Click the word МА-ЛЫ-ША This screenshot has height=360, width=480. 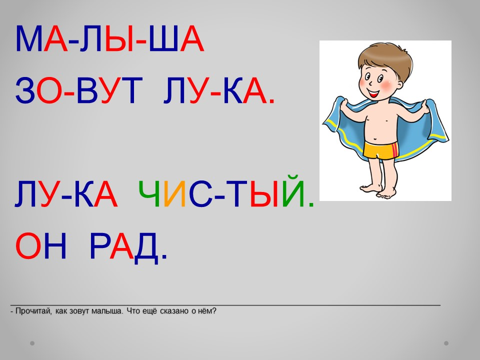pos(109,39)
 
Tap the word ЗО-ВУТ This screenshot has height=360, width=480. pos(79,90)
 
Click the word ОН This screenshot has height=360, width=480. pos(40,246)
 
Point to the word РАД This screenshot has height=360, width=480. pos(128,247)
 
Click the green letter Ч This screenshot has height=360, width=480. pos(149,193)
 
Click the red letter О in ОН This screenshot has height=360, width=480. pos(28,246)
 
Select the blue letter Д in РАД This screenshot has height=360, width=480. pos(146,248)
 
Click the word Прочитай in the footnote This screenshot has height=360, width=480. pos(33,311)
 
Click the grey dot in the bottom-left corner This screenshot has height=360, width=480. pos(32,343)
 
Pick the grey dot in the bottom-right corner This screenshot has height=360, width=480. pos(446,343)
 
